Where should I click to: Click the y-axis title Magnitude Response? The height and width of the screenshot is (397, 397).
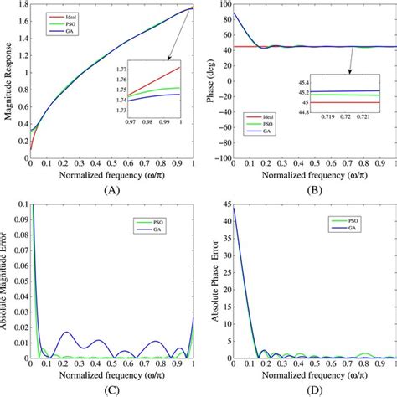[8, 84]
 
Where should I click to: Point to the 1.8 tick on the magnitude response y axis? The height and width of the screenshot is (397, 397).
[20, 6]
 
